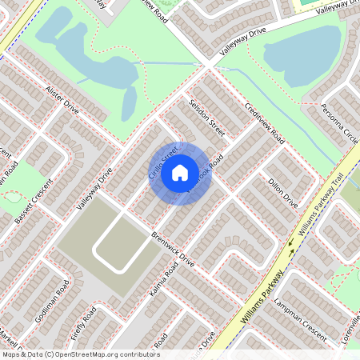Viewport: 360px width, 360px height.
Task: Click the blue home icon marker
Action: pyautogui.click(x=179, y=173)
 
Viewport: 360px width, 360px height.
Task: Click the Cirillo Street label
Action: pyautogui.click(x=162, y=160)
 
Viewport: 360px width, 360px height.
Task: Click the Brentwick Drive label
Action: pyautogui.click(x=173, y=248)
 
